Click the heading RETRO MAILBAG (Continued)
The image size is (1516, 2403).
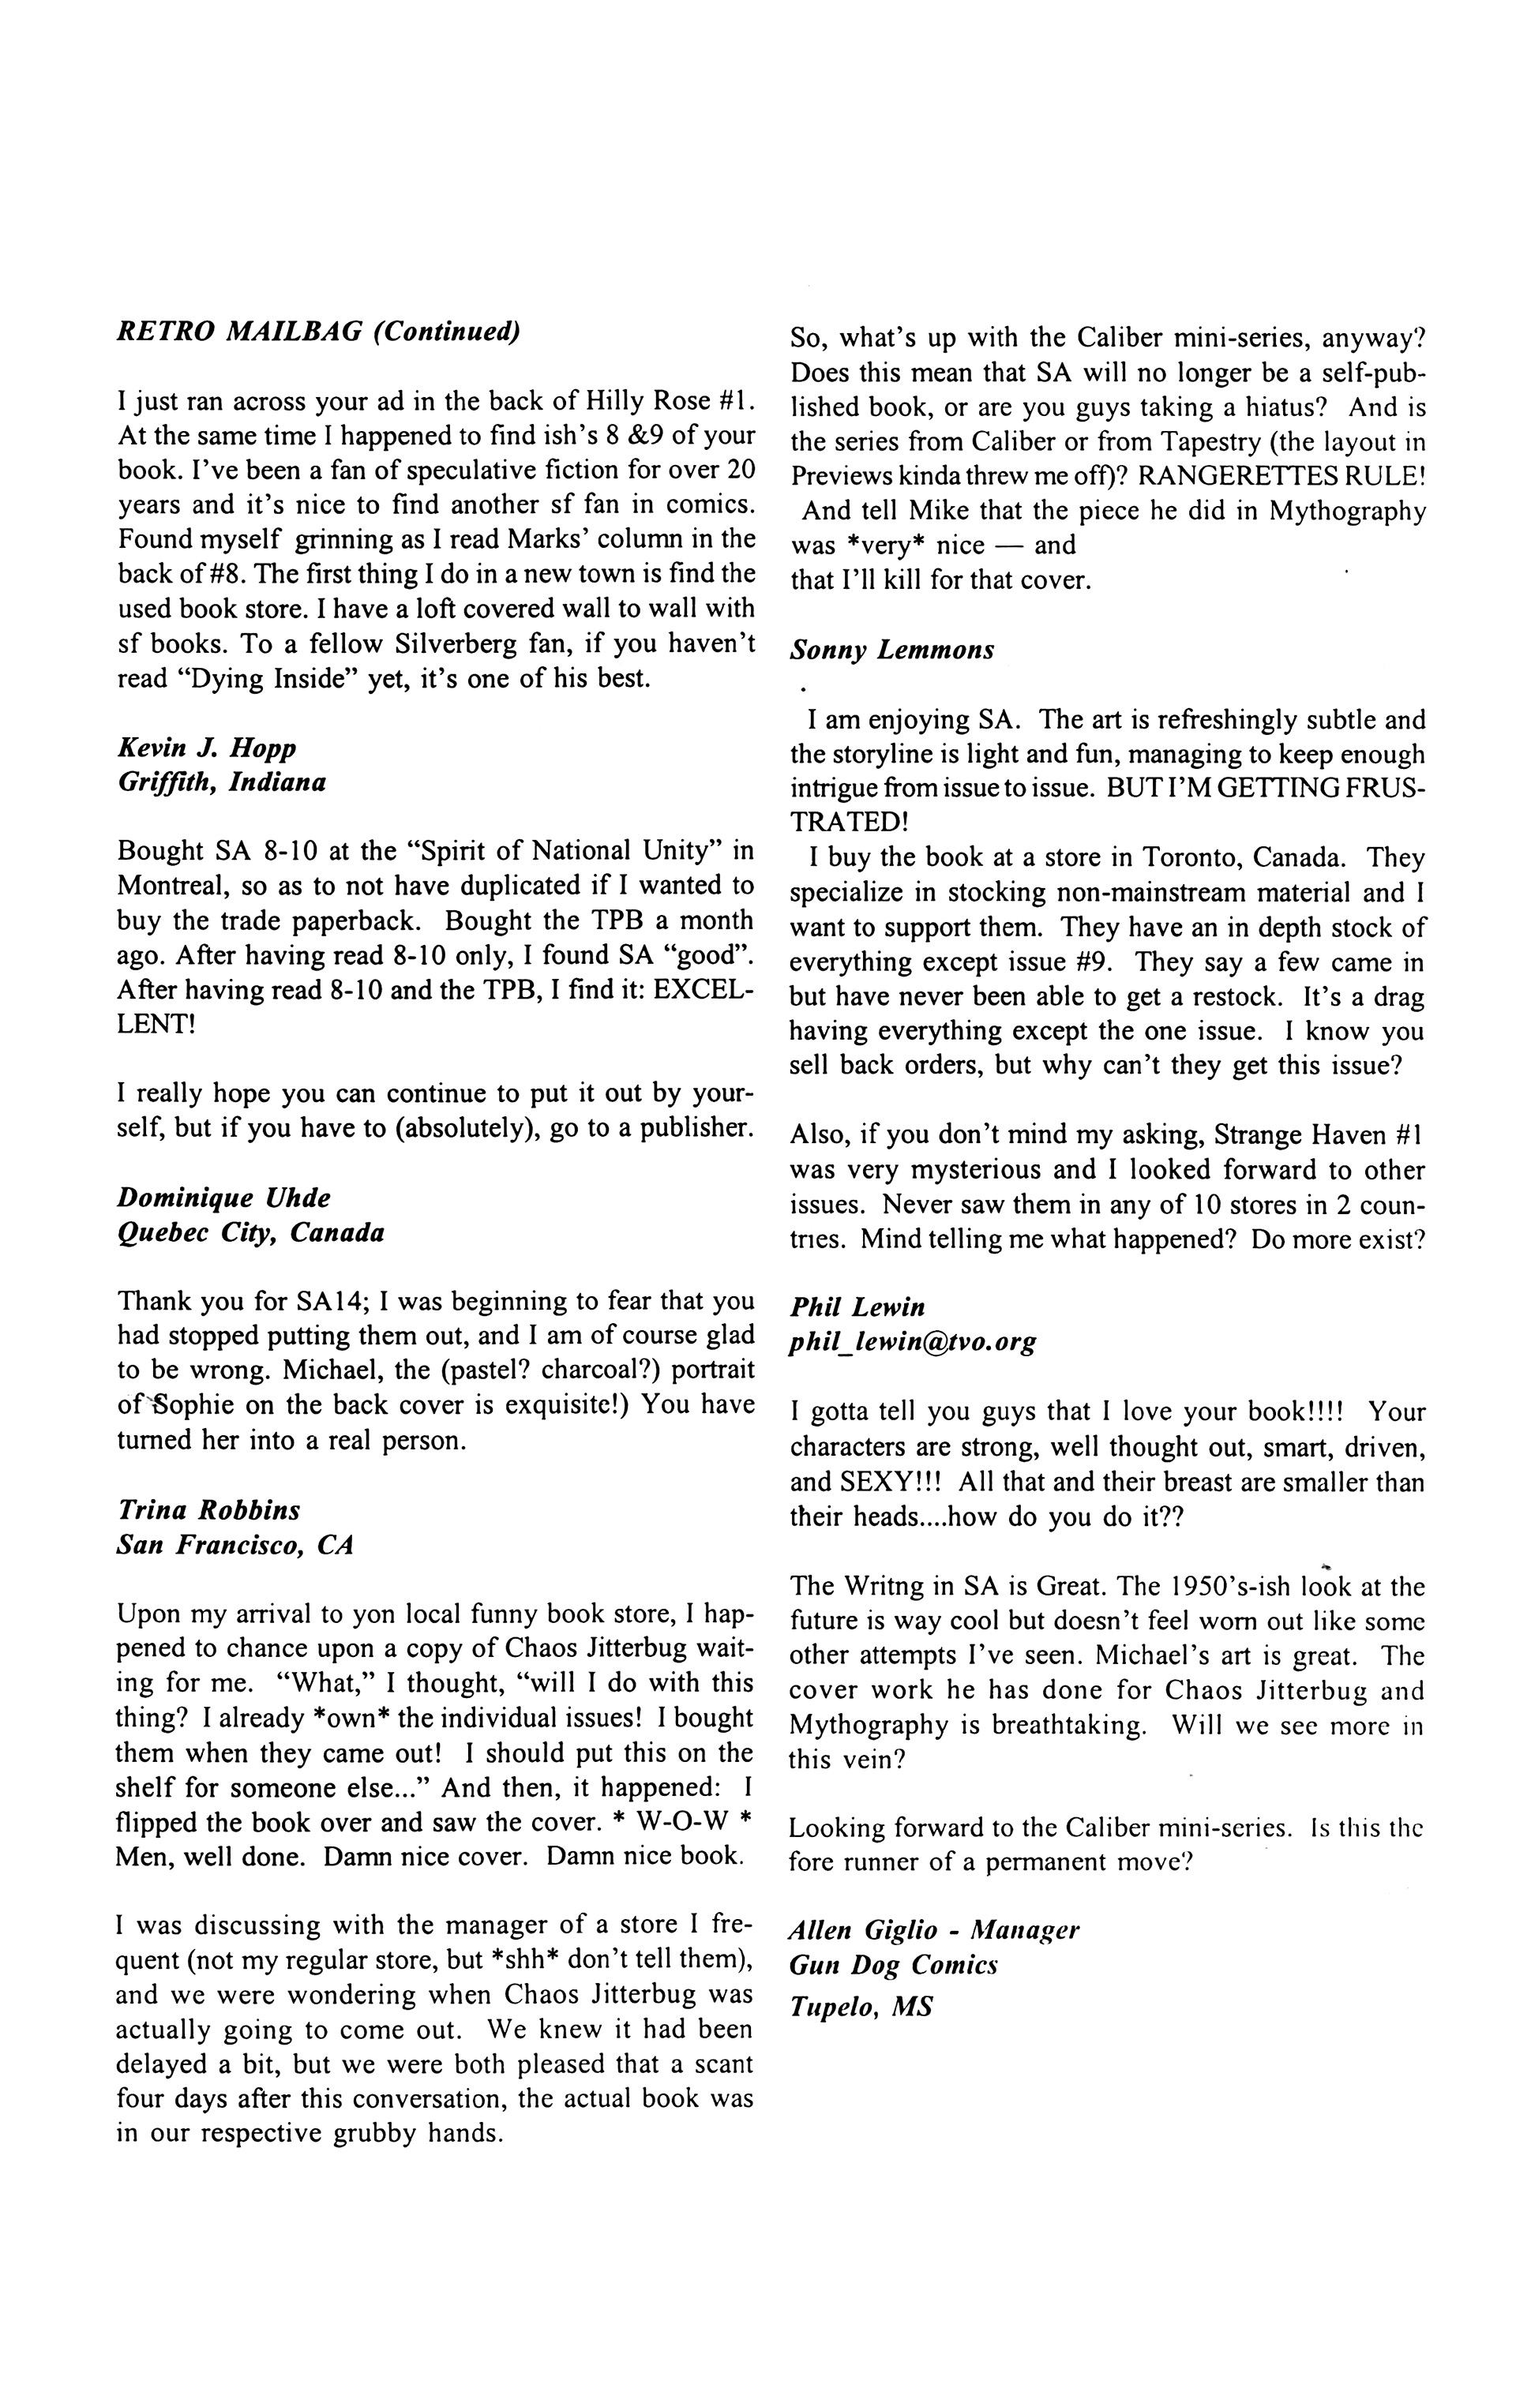pyautogui.click(x=318, y=332)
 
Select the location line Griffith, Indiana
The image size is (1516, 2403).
pyautogui.click(x=222, y=782)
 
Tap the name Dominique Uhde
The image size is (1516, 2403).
pyautogui.click(x=223, y=1198)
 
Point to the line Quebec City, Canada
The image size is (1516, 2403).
pyautogui.click(x=250, y=1232)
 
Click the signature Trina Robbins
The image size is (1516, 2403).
pyautogui.click(x=208, y=1510)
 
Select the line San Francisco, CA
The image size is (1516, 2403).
pyautogui.click(x=235, y=1545)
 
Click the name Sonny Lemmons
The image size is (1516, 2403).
pyautogui.click(x=891, y=650)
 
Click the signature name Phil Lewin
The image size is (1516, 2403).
pyautogui.click(x=857, y=1307)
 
